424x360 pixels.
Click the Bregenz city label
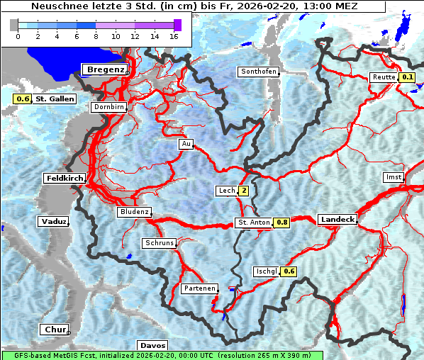[x=106, y=69]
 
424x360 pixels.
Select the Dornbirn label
[x=109, y=107]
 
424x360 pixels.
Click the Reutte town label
[x=383, y=77]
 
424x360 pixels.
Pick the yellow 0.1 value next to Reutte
[x=407, y=77]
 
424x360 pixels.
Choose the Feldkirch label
[x=65, y=178]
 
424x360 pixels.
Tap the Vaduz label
[x=53, y=221]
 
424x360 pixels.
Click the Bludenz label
[x=134, y=212]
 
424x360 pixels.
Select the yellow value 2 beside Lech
[x=244, y=191]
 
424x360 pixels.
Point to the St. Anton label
[x=253, y=223]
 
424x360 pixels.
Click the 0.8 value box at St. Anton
[x=282, y=223]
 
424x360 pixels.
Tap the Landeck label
[x=337, y=220]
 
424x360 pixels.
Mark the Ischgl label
[x=266, y=271]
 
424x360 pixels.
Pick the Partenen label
[x=199, y=288]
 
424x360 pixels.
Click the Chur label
[x=54, y=330]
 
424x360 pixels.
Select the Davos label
[x=152, y=345]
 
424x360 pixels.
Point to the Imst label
[x=392, y=176]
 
